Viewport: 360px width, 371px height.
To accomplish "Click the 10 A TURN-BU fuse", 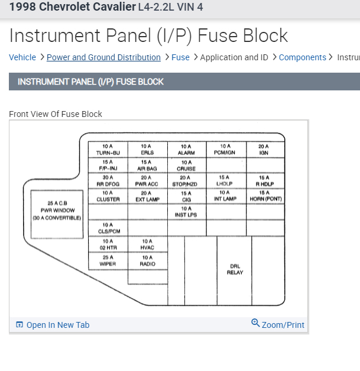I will [108, 149].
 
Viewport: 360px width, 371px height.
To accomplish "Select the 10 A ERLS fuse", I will [147, 149].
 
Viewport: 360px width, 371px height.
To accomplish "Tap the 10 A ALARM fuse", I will [186, 149].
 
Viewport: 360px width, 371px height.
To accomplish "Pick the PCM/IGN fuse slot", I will [225, 149].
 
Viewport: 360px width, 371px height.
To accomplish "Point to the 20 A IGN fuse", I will [264, 149].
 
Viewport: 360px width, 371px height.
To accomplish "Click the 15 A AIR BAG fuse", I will [147, 165].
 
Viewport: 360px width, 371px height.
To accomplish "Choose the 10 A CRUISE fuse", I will [186, 165].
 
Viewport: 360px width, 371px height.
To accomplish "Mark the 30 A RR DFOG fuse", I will [108, 180].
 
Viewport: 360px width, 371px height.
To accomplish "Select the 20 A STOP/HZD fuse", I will [186, 180].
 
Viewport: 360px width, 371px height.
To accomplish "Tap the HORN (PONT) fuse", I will [265, 196].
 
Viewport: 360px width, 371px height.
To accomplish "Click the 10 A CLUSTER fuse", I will [108, 196].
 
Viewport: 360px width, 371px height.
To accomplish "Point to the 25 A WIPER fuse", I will [108, 261].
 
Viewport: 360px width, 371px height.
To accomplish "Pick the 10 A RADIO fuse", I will [147, 261].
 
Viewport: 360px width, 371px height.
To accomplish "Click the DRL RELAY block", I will [235, 269].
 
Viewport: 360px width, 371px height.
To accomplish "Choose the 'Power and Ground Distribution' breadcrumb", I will [103, 57].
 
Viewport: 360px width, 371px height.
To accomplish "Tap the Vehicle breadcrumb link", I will [22, 57].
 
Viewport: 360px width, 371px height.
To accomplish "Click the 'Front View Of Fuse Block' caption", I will [56, 114].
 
